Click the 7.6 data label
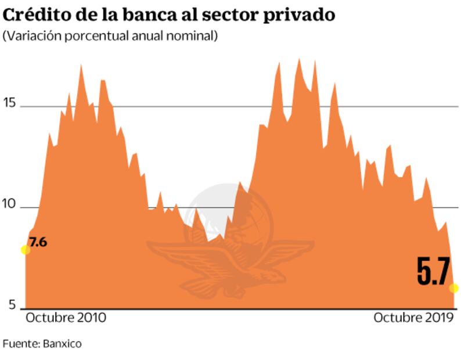click(37, 242)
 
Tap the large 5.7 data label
click(434, 272)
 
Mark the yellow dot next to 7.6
click(25, 250)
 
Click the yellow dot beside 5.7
click(454, 288)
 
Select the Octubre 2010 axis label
click(66, 318)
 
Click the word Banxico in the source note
click(62, 343)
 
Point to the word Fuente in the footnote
click(20, 343)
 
